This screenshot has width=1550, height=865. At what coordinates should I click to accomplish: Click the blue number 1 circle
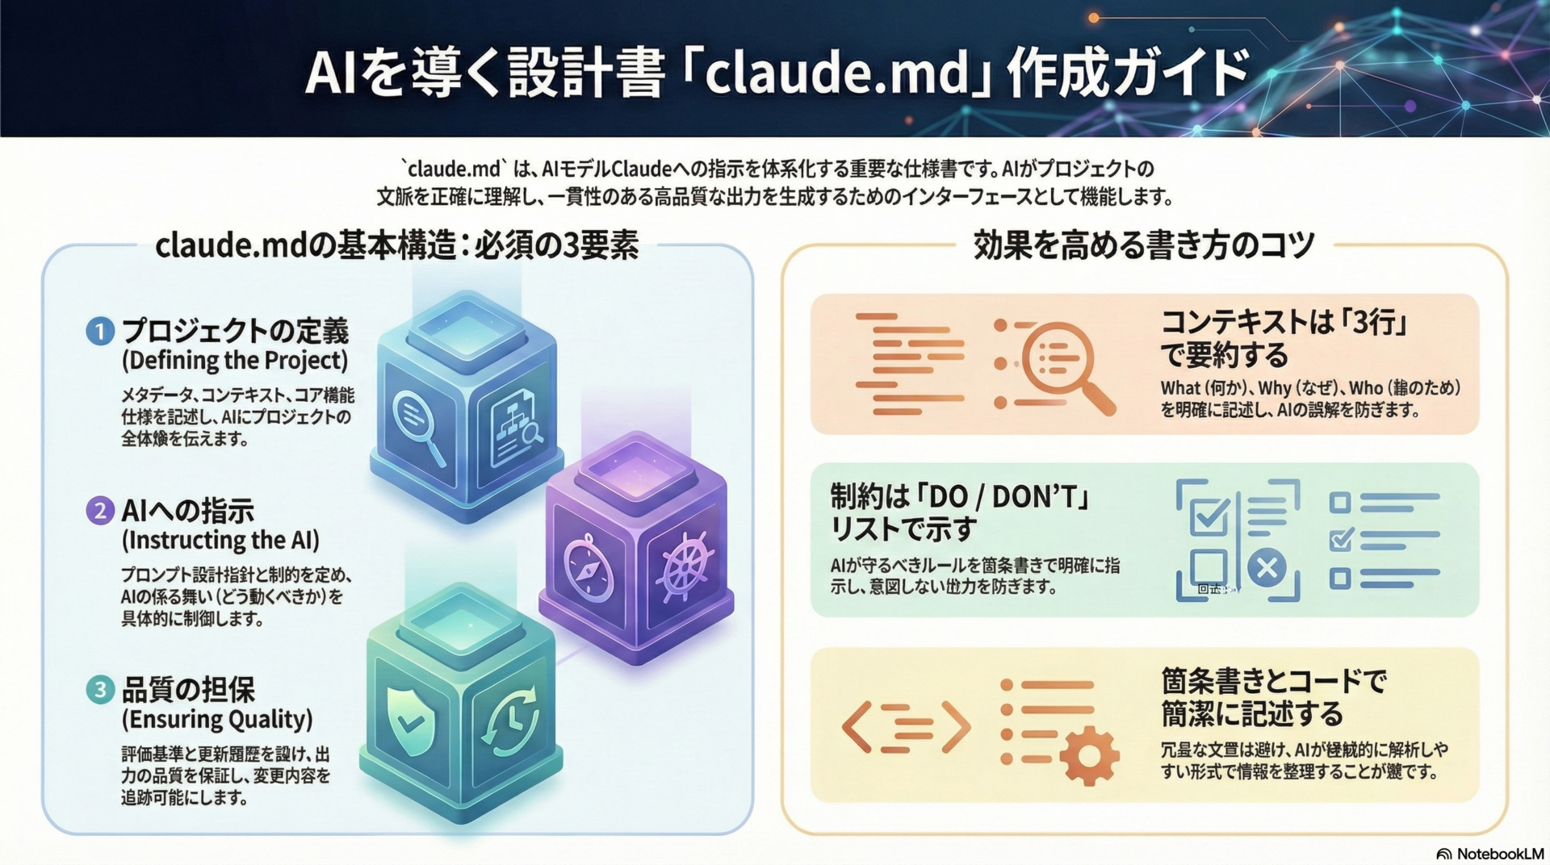click(100, 332)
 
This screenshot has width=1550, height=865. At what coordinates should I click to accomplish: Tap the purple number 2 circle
click(100, 511)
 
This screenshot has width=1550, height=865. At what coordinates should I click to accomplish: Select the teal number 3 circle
click(100, 690)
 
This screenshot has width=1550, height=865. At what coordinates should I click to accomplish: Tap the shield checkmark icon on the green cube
click(411, 721)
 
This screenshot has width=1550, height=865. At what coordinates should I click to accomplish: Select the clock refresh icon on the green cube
click(509, 718)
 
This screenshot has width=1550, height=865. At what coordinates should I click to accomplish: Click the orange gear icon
click(1088, 755)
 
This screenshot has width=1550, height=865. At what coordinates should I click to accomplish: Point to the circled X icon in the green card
click(1267, 568)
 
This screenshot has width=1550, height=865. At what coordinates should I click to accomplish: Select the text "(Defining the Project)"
click(235, 360)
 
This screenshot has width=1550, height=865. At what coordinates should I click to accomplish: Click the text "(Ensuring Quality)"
click(217, 719)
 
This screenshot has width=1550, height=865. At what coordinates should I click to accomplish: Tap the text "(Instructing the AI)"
click(220, 540)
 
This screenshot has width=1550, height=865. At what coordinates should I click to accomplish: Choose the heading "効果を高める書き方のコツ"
click(1143, 244)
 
